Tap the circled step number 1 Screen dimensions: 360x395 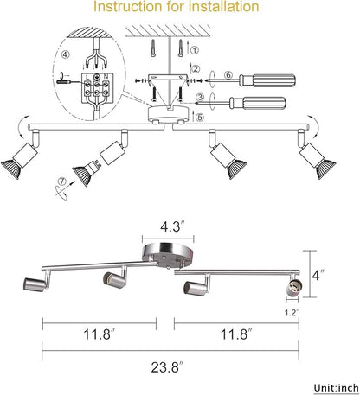pyautogui.click(x=196, y=50)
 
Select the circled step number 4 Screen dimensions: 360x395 pyautogui.click(x=66, y=54)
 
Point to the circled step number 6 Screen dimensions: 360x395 pyautogui.click(x=228, y=75)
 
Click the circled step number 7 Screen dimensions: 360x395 pyautogui.click(x=62, y=182)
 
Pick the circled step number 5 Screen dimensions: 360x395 pyautogui.click(x=200, y=117)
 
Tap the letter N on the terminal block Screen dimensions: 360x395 pyautogui.click(x=106, y=77)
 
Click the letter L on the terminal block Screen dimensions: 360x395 pyautogui.click(x=87, y=77)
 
